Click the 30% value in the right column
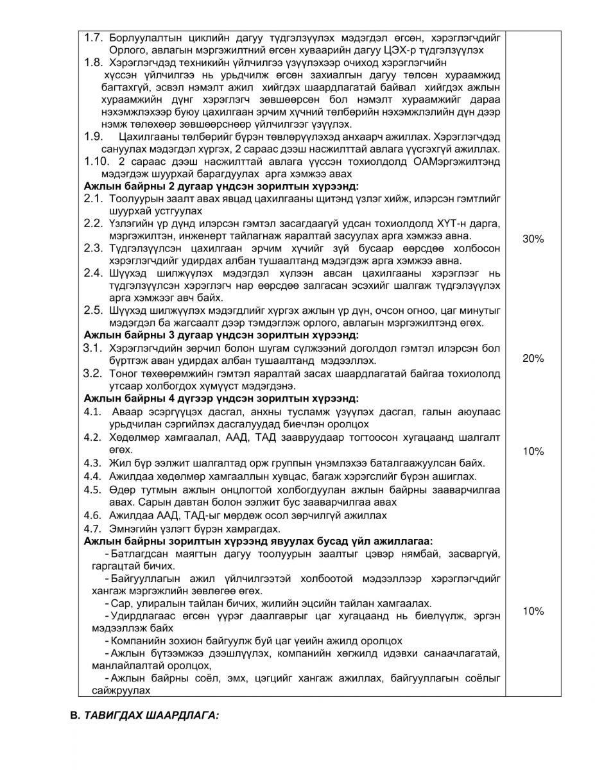pos(533,239)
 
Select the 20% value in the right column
pos(533,358)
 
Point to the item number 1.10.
pos(98,162)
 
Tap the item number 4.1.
pos(93,411)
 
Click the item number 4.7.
pos(93,529)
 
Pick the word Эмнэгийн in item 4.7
pos(132,529)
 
